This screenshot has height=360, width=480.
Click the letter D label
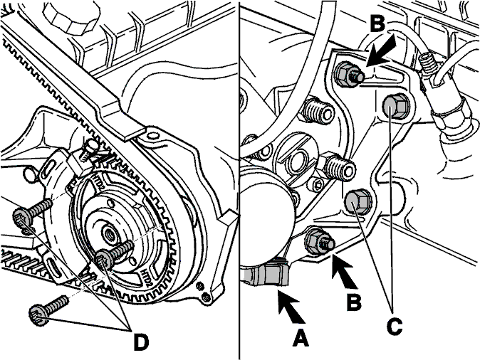(x=141, y=342)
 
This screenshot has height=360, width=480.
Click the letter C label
(x=395, y=327)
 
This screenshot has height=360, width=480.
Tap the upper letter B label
(x=377, y=23)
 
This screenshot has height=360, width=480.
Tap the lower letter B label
(x=354, y=302)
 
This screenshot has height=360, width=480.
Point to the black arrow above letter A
(x=291, y=307)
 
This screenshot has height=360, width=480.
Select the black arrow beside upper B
(x=380, y=51)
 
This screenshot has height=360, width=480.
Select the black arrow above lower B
(x=344, y=272)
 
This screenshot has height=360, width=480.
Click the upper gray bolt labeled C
(x=396, y=106)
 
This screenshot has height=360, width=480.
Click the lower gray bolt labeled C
(x=358, y=202)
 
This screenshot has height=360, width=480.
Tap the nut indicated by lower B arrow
(x=319, y=242)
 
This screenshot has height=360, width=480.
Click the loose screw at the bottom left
(x=49, y=309)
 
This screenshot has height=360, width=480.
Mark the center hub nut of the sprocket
(x=109, y=235)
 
